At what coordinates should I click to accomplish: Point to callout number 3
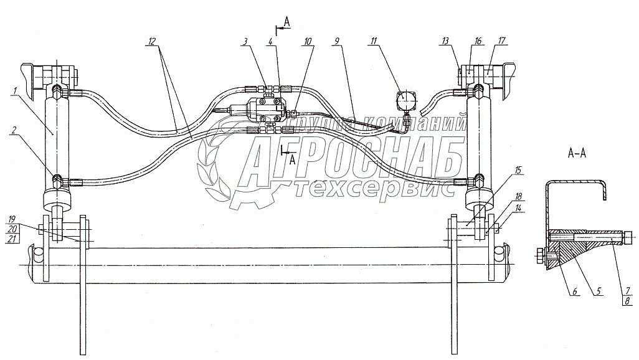(x=246, y=42)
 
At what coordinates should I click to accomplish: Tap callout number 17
(x=501, y=42)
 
